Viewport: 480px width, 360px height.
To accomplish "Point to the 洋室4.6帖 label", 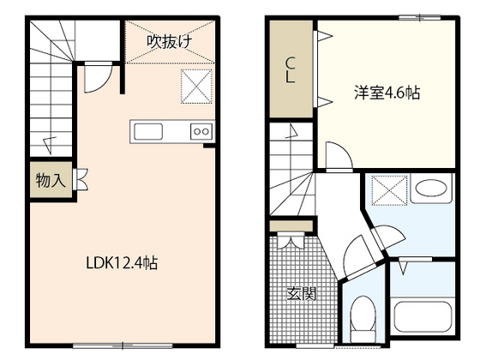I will pos(387,93).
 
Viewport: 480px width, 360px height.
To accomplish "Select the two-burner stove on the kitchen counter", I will pos(201,131).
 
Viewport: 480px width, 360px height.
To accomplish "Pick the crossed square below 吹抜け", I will pos(195,86).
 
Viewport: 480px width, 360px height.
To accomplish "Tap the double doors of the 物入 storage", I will pos(81,181).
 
